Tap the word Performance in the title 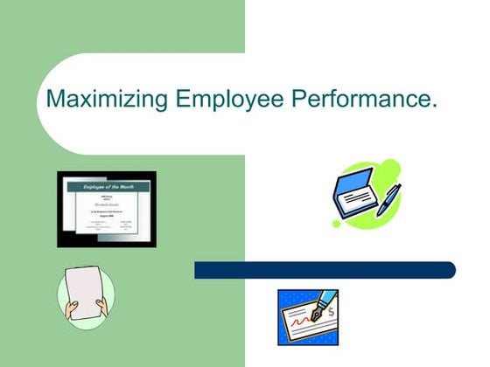coord(362,100)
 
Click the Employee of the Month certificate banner coord(107,187)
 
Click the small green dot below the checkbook coord(336,224)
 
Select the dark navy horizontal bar coord(324,270)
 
